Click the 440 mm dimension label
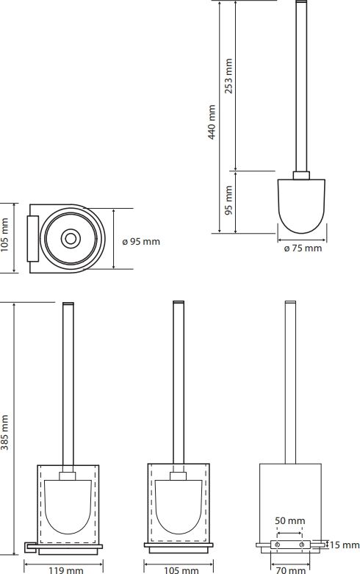tap(212, 122)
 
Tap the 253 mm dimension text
tap(228, 76)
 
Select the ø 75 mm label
tap(303, 248)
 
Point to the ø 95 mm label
tap(141, 242)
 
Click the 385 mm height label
tap(4, 432)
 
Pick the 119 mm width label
tap(66, 570)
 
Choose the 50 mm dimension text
tap(289, 520)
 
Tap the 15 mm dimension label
tap(345, 545)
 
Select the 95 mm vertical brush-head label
tap(228, 200)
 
